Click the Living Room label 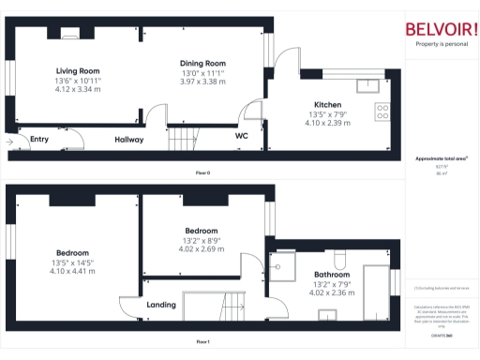pos(77,71)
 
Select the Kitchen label pos(327,105)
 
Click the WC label pos(241,135)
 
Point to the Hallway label pos(128,140)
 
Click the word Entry pos(38,140)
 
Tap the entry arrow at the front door pos(11,142)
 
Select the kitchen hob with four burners pos(382,112)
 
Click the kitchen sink pos(367,84)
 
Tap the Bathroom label pos(332,275)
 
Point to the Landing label pos(161,305)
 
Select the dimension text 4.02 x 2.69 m pos(202,249)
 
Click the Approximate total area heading pos(441,158)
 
